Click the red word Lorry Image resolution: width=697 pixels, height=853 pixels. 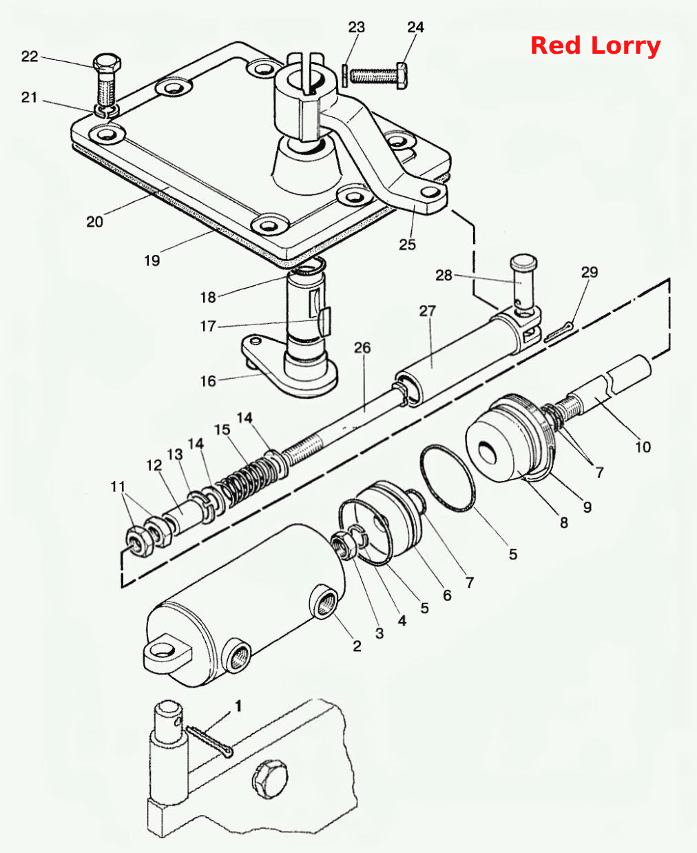626,47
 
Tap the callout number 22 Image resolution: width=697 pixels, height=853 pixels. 30,56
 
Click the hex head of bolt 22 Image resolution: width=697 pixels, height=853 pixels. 107,63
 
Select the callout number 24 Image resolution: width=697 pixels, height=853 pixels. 415,27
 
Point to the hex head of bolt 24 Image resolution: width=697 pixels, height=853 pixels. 402,75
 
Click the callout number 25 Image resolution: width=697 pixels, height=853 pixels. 407,245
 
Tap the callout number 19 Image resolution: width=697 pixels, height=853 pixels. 152,260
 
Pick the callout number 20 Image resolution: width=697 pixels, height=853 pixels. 94,222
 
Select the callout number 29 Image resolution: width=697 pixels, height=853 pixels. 590,272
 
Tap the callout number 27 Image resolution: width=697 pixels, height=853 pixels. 427,311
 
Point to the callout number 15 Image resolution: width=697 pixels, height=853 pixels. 222,429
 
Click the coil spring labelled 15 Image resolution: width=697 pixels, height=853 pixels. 247,480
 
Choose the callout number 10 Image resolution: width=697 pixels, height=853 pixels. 643,447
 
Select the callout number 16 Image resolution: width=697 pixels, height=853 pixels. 208,381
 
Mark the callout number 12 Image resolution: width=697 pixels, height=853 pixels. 154,466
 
